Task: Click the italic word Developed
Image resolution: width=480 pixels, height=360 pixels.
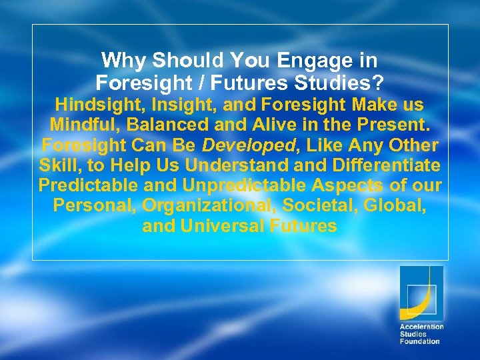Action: tap(234, 145)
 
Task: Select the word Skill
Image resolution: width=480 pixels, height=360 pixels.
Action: tap(59, 165)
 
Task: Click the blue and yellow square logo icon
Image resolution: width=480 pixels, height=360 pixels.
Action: tap(421, 293)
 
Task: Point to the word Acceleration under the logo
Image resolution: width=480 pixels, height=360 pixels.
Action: tap(421, 327)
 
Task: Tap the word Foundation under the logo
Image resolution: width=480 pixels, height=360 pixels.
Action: tap(419, 341)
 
